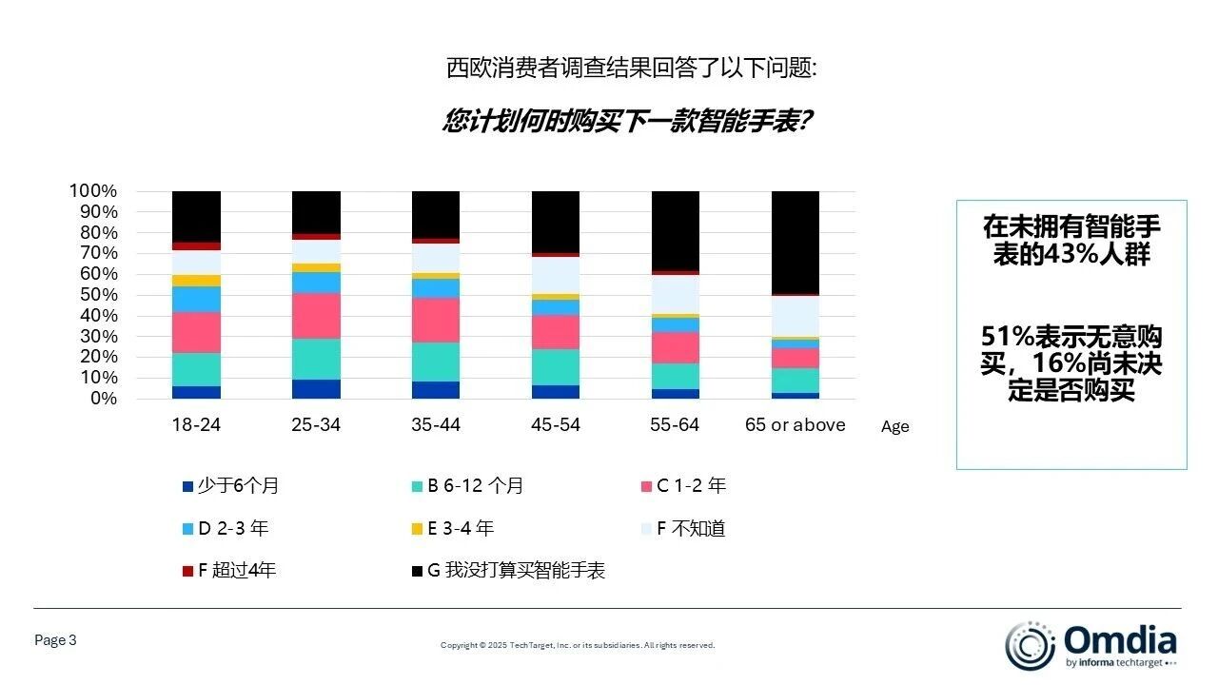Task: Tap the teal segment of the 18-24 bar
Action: tap(196, 369)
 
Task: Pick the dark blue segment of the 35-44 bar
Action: tap(436, 390)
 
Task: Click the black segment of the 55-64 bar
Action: tap(675, 231)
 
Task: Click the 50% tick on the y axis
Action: tap(94, 295)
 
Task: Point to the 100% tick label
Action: tap(92, 191)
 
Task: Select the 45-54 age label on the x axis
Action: tap(556, 425)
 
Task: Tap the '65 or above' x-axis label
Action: tap(795, 425)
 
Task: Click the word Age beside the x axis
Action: tap(894, 427)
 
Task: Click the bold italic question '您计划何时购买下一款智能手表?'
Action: tap(628, 122)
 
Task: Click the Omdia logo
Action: tap(1090, 645)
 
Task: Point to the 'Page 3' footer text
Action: tap(55, 641)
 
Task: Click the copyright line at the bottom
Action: tap(578, 645)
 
